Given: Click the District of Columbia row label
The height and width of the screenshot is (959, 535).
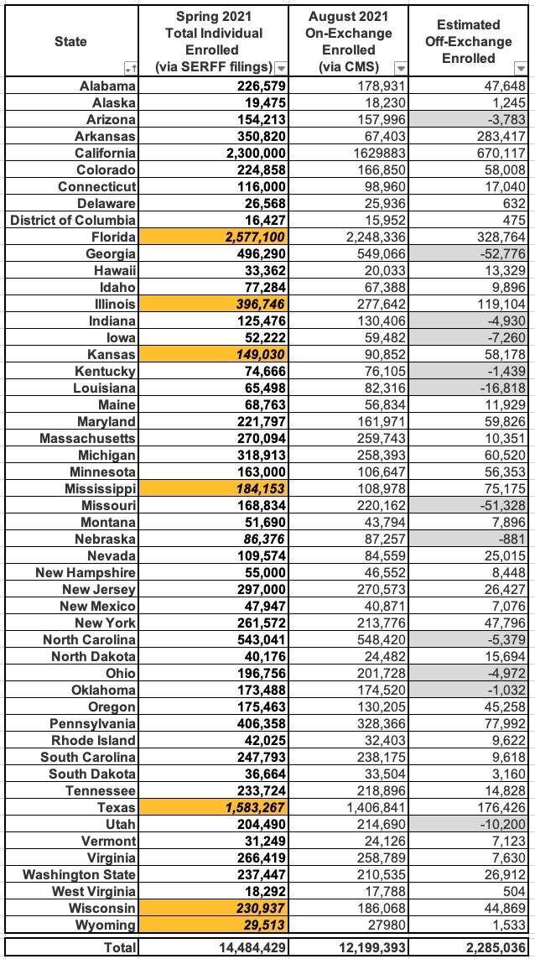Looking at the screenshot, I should (74, 221).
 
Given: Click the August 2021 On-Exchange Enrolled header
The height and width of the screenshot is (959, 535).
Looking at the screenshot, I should (350, 40).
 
